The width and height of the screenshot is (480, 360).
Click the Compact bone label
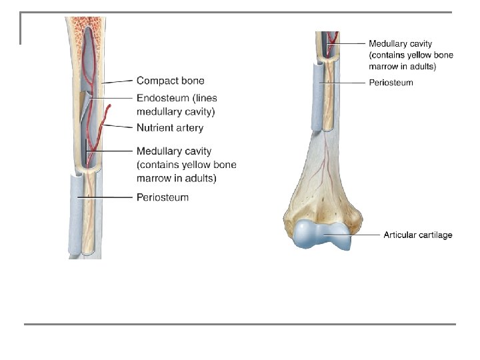pos(170,81)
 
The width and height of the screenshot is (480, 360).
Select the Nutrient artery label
pos(170,127)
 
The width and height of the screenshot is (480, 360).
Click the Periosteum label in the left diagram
pos(163,197)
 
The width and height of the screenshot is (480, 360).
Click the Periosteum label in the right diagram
pos(391,83)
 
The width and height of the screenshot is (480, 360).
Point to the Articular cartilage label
pos(417,235)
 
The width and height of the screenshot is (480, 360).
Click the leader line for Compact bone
pos(117,81)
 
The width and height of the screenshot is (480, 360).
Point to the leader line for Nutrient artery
pos(120,126)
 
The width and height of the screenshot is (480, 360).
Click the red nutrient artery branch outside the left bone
pos(106,116)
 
